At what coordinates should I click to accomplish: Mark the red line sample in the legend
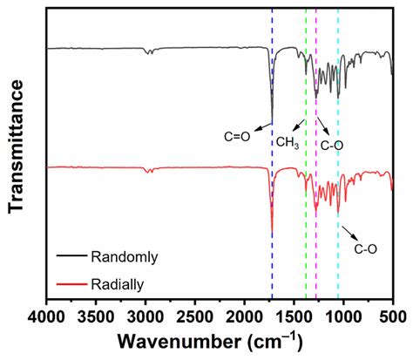[x=71, y=283]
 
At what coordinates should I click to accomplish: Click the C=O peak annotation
[x=235, y=136]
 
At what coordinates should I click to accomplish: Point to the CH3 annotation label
[x=288, y=142]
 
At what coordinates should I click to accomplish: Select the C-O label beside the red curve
[x=365, y=248]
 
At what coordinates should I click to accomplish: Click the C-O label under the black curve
[x=332, y=145]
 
